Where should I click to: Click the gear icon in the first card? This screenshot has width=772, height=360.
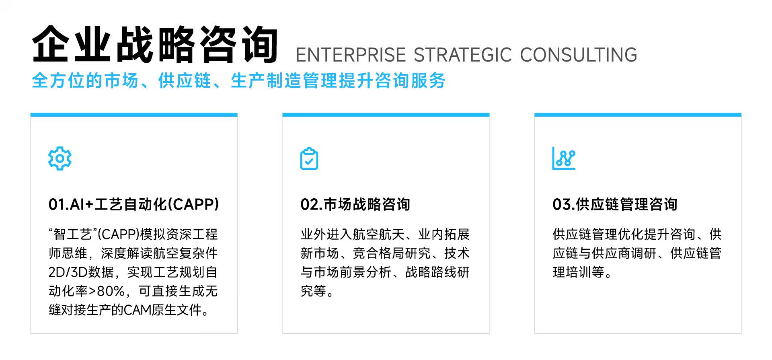coord(60,158)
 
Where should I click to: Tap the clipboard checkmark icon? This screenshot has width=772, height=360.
coord(309,158)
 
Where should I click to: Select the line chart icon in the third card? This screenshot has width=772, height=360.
coord(564,158)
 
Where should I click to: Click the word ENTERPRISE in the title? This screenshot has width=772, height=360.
coord(351,55)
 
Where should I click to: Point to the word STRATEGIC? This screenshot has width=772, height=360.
coord(463,55)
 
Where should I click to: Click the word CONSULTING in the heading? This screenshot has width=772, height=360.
coord(579,55)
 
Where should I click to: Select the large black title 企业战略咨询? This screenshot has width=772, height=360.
coord(155,44)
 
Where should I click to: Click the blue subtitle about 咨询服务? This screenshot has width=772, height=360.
coord(238,80)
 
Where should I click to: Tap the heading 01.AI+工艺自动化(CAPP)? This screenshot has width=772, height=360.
coord(134,204)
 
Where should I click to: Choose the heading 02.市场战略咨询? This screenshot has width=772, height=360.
coord(355,204)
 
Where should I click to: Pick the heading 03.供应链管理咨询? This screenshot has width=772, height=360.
coord(615,204)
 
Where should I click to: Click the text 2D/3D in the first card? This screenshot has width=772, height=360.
coord(68,272)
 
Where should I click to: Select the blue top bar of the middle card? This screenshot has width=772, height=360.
coord(386,115)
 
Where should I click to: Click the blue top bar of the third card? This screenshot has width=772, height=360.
coord(638,115)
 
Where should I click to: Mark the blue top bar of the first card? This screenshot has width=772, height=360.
coord(134,115)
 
